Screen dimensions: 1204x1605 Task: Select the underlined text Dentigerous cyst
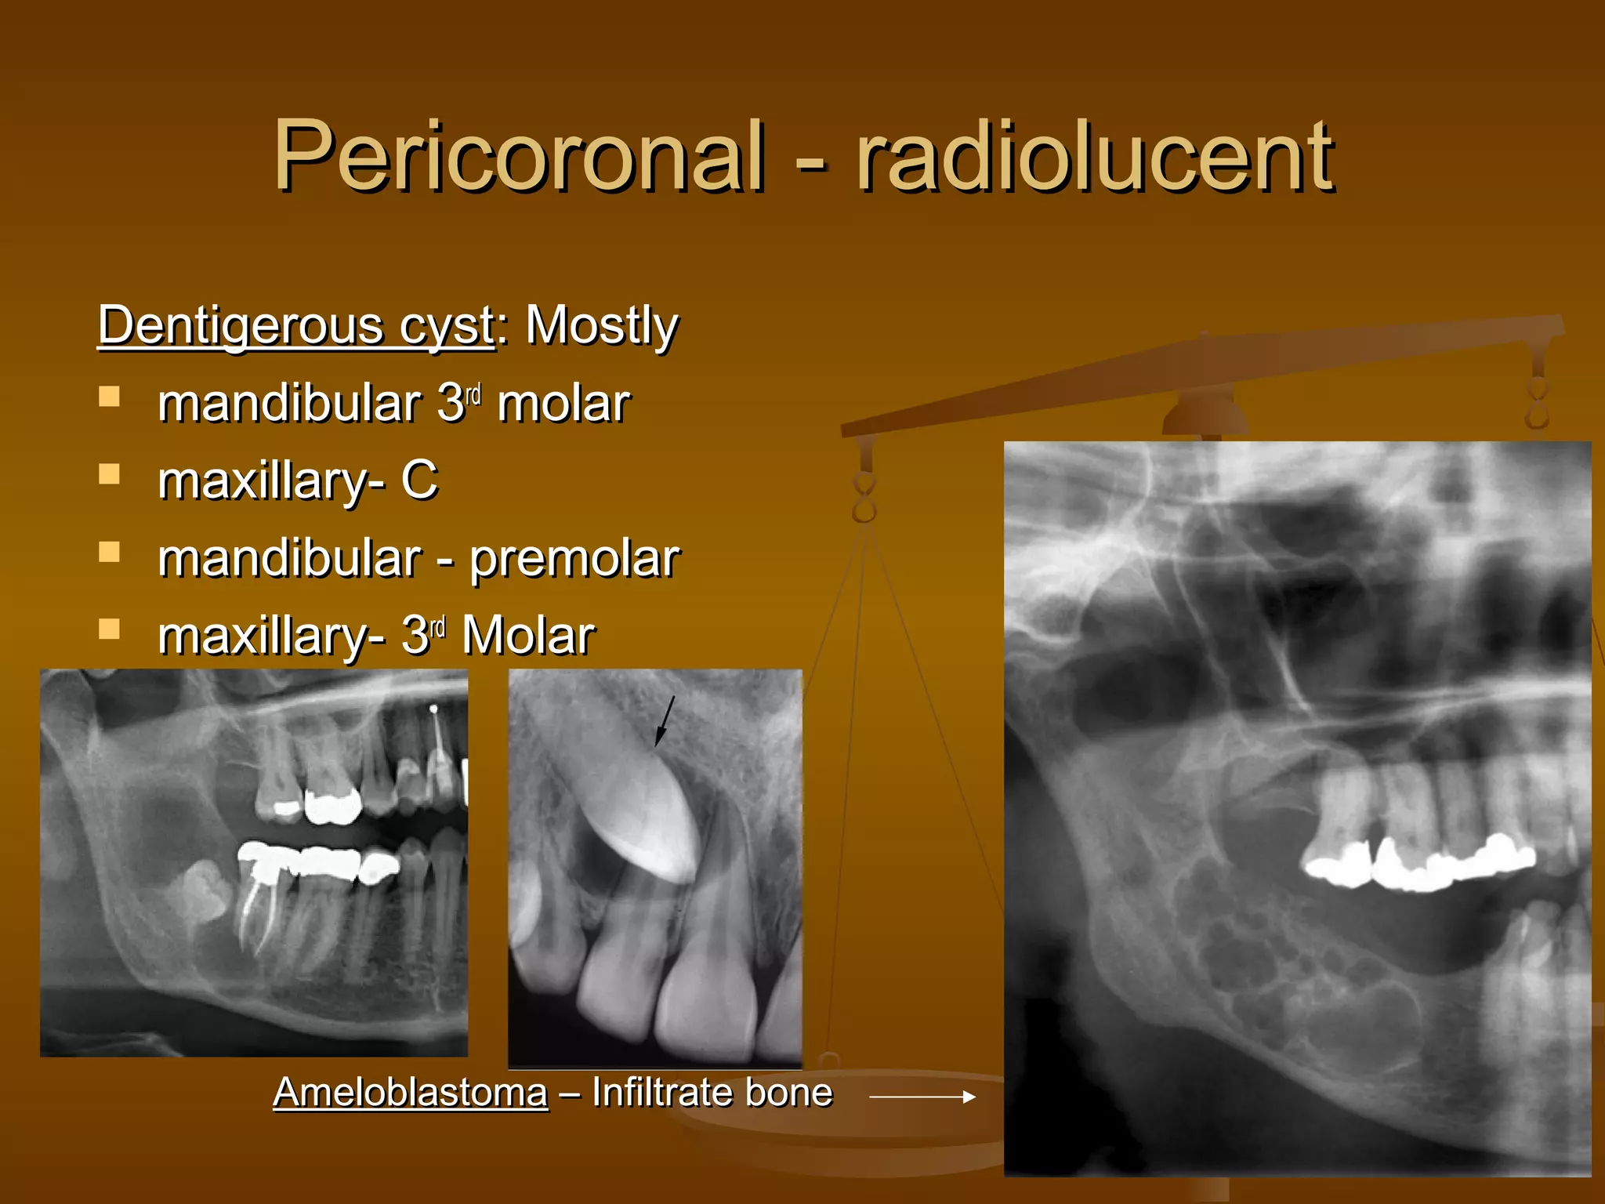point(296,325)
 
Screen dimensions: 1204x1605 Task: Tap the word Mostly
point(601,325)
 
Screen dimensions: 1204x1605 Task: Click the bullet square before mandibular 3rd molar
point(110,397)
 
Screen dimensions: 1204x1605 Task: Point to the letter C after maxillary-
point(419,480)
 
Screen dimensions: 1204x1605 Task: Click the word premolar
point(574,559)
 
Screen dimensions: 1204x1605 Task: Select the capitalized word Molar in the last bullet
point(528,636)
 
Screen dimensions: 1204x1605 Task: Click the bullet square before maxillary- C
point(110,474)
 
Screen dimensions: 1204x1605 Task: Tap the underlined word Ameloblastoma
point(410,1092)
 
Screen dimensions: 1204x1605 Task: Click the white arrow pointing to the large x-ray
point(922,1097)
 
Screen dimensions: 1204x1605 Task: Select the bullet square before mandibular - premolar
point(110,552)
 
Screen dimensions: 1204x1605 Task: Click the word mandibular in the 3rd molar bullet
point(288,404)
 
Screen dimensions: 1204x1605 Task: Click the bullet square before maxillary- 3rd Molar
point(110,629)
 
